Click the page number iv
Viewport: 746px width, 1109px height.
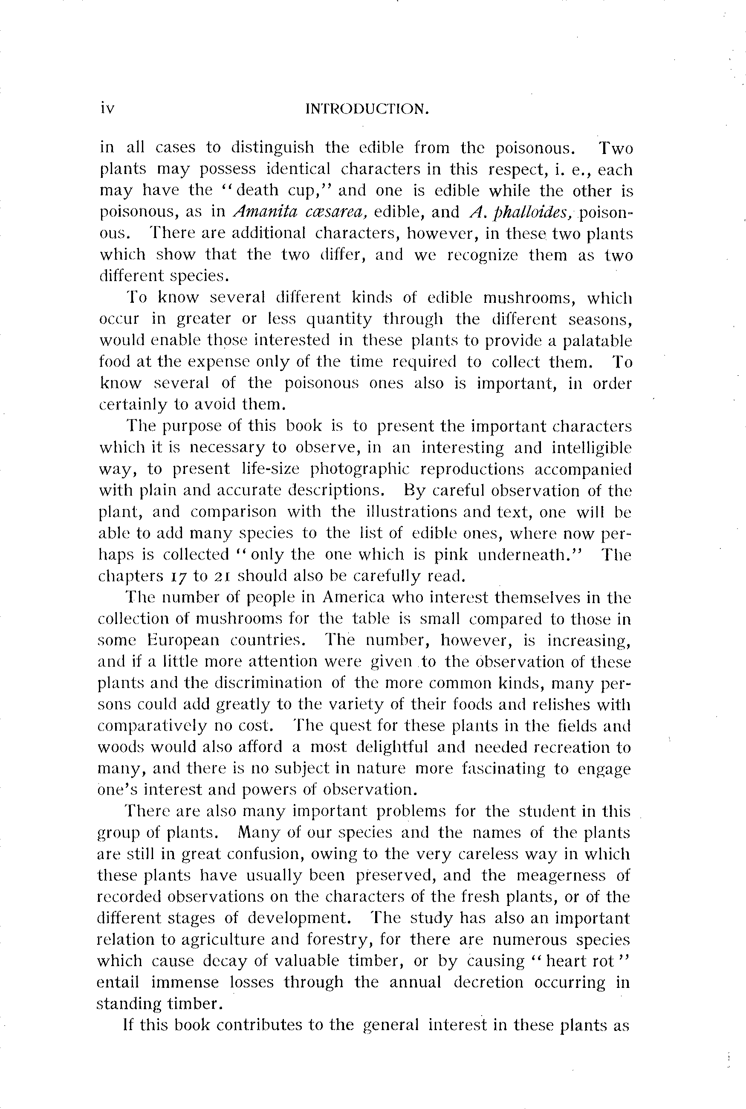click(x=107, y=109)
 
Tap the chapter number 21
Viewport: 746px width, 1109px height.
click(x=222, y=577)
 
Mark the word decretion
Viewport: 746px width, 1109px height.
click(x=488, y=983)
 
